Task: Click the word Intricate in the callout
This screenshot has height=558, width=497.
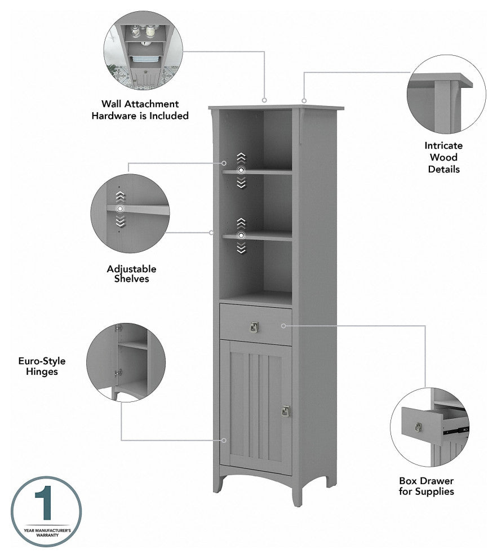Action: [x=443, y=145]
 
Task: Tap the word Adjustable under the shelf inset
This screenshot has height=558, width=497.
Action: [x=131, y=269]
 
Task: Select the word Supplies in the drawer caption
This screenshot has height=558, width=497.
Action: [x=434, y=491]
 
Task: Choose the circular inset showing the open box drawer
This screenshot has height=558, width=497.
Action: [x=431, y=426]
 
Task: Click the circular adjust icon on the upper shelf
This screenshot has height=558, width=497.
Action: [x=241, y=170]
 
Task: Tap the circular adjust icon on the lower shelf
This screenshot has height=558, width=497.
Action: [x=241, y=235]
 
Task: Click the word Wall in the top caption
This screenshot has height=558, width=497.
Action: [x=112, y=104]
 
